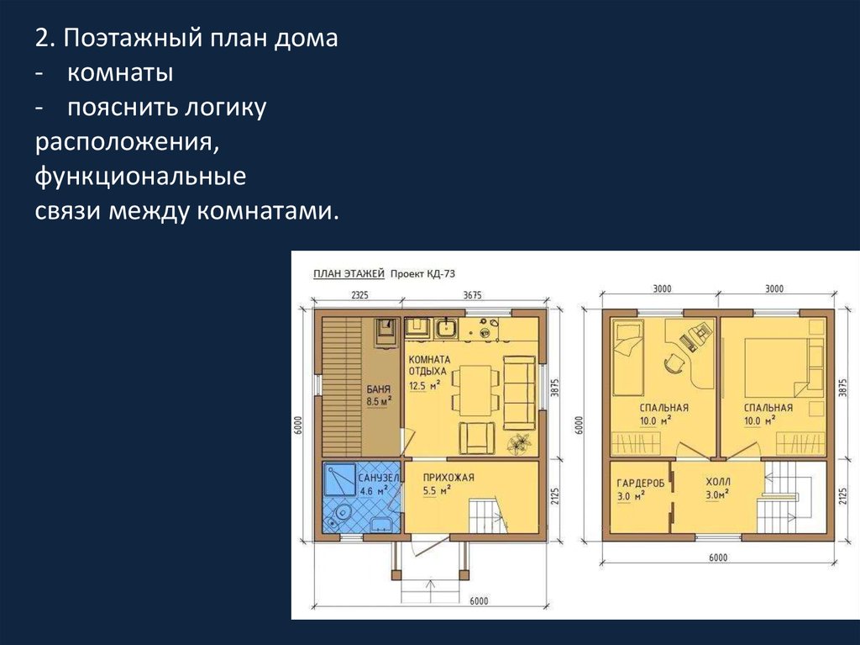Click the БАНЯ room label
[x=379, y=389]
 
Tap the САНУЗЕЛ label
[x=379, y=478]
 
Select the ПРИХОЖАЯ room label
[x=448, y=478]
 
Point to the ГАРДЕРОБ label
[x=640, y=484]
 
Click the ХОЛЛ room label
[x=718, y=482]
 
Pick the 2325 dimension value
[x=359, y=295]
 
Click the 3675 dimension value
[x=472, y=295]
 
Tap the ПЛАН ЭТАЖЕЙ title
[x=349, y=273]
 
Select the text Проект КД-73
[x=422, y=273]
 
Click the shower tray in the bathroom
[x=340, y=479]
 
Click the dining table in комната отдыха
[x=475, y=390]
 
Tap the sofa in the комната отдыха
[x=519, y=392]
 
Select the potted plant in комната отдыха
[x=519, y=443]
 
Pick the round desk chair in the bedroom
[x=674, y=363]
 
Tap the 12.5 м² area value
[x=424, y=386]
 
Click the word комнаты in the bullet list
[x=120, y=73]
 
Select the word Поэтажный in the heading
[x=132, y=39]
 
